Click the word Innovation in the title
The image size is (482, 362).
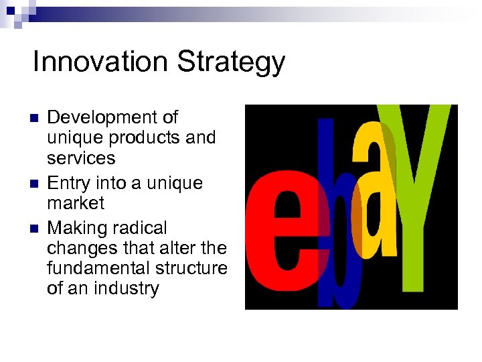pyautogui.click(x=100, y=62)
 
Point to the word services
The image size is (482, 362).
pyautogui.click(x=81, y=158)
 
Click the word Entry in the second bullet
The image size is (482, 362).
pyautogui.click(x=69, y=183)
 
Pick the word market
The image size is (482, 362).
pyautogui.click(x=76, y=202)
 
